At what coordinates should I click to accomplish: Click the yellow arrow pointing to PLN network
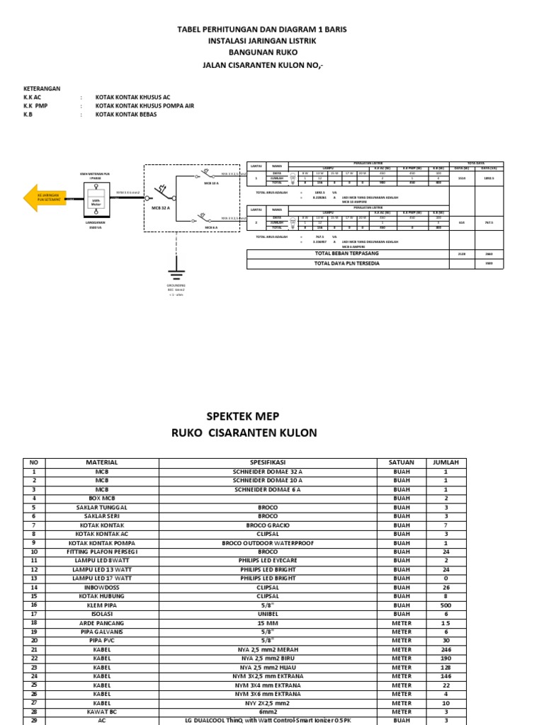point(45,198)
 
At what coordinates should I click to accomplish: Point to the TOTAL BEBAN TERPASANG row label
point(346,252)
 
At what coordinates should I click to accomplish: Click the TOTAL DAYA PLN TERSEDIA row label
point(346,263)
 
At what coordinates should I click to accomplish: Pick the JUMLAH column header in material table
point(446,462)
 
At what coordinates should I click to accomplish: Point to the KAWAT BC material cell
point(102,712)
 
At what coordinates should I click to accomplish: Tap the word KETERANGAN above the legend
point(42,89)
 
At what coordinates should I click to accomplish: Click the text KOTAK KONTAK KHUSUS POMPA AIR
point(144,105)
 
